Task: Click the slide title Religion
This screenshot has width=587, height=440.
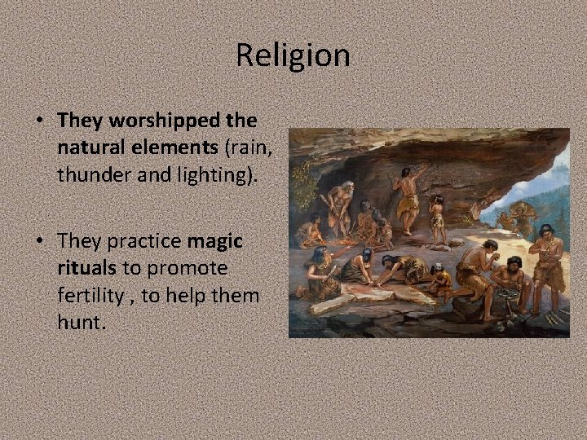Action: point(293,55)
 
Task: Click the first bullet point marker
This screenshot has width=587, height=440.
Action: point(39,121)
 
